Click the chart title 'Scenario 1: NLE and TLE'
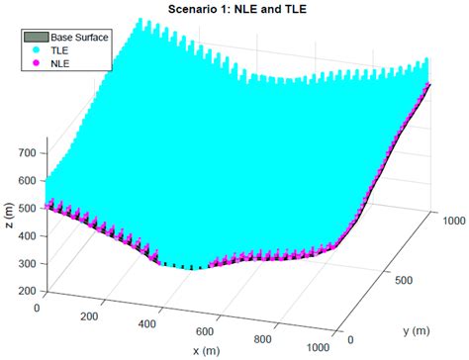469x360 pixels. coord(235,9)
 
